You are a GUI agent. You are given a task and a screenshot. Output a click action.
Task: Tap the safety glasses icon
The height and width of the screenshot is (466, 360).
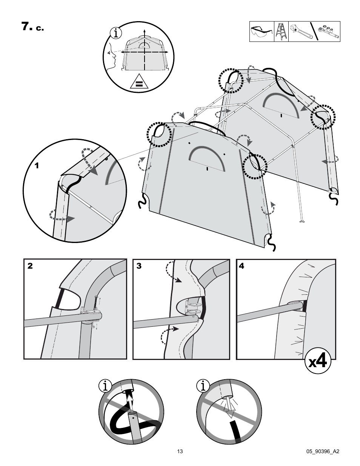point(261,32)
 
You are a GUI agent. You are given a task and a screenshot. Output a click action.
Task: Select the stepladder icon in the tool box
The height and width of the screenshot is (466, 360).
point(280,32)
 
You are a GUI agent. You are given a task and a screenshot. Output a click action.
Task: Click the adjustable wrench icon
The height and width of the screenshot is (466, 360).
point(300,32)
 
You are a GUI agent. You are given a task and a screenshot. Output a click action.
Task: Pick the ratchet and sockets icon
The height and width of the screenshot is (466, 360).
point(327,32)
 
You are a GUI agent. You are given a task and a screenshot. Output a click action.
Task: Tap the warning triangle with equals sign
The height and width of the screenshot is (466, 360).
point(139,82)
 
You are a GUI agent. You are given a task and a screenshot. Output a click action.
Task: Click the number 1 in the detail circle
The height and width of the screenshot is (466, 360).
point(37,165)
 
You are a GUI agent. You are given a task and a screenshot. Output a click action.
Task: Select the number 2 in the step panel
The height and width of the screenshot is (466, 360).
point(30,266)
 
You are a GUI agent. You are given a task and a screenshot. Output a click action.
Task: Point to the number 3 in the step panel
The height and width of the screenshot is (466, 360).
point(139,266)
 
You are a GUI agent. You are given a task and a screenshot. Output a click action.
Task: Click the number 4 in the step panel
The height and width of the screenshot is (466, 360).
point(242,266)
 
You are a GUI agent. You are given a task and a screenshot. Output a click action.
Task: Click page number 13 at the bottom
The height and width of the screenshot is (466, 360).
point(180,451)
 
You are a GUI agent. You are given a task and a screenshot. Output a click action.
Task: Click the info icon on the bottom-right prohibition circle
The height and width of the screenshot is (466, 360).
point(203,386)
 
